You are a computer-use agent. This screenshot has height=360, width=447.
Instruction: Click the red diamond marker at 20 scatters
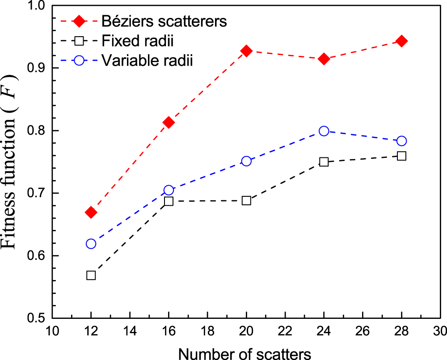pyautogui.click(x=246, y=51)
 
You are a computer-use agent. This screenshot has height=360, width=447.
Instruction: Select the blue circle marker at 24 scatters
pyautogui.click(x=324, y=131)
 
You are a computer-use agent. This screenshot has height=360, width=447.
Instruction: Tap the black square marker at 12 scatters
pyautogui.click(x=91, y=275)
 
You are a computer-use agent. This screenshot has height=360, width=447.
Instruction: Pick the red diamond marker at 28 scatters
pyautogui.click(x=401, y=41)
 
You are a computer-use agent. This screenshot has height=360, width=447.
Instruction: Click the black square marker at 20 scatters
pyautogui.click(x=246, y=200)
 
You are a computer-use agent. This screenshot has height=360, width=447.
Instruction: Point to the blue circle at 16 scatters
pyautogui.click(x=169, y=190)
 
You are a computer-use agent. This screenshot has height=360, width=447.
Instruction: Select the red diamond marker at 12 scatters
pyautogui.click(x=91, y=212)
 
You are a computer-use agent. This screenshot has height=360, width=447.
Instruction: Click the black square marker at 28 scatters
pyautogui.click(x=401, y=156)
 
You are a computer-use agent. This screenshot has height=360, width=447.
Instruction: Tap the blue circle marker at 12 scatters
pyautogui.click(x=91, y=244)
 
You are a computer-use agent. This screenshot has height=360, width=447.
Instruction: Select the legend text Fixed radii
pyautogui.click(x=137, y=41)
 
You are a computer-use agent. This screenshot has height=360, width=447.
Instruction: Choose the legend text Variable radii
pyautogui.click(x=147, y=60)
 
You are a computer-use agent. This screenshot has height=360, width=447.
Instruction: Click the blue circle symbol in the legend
pyautogui.click(x=79, y=60)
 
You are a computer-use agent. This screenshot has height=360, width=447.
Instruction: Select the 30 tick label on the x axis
pyautogui.click(x=440, y=333)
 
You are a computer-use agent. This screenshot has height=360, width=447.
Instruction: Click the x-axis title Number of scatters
pyautogui.click(x=245, y=353)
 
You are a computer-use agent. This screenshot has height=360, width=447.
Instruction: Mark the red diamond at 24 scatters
pyautogui.click(x=324, y=59)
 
